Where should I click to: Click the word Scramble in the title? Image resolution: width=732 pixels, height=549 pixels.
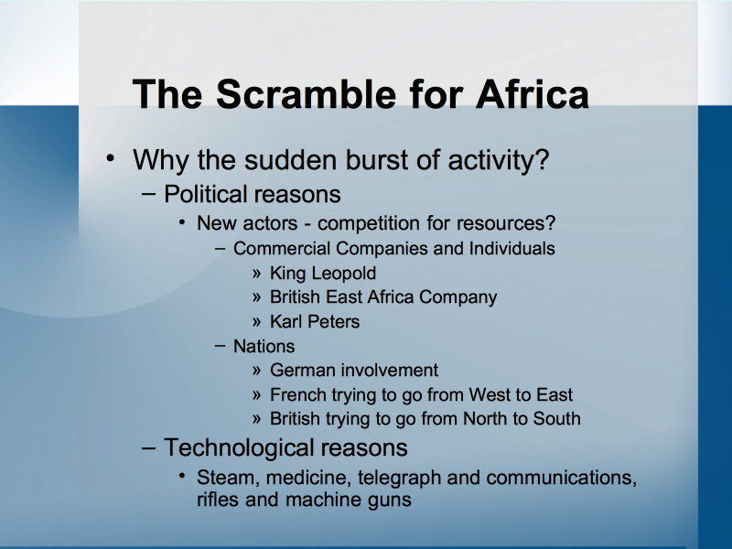[x=306, y=94]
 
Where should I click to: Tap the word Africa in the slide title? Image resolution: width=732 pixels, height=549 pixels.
[x=533, y=94]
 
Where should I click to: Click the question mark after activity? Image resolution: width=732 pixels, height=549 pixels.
[x=543, y=159]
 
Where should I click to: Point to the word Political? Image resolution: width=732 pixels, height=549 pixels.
[x=205, y=194]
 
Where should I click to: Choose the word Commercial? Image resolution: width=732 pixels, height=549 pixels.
[x=282, y=248]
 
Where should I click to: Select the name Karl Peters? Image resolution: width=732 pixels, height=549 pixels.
[x=315, y=322]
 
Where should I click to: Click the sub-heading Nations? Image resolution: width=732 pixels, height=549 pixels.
[x=264, y=347]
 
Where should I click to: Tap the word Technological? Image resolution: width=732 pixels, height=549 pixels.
[x=239, y=447]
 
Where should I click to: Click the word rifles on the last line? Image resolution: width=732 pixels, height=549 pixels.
[x=218, y=500]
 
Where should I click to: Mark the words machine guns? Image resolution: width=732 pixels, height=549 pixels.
[x=349, y=500]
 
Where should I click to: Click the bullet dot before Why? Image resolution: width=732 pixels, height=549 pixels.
[x=110, y=157]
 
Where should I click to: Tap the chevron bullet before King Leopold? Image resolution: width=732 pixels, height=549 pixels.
[x=256, y=274]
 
